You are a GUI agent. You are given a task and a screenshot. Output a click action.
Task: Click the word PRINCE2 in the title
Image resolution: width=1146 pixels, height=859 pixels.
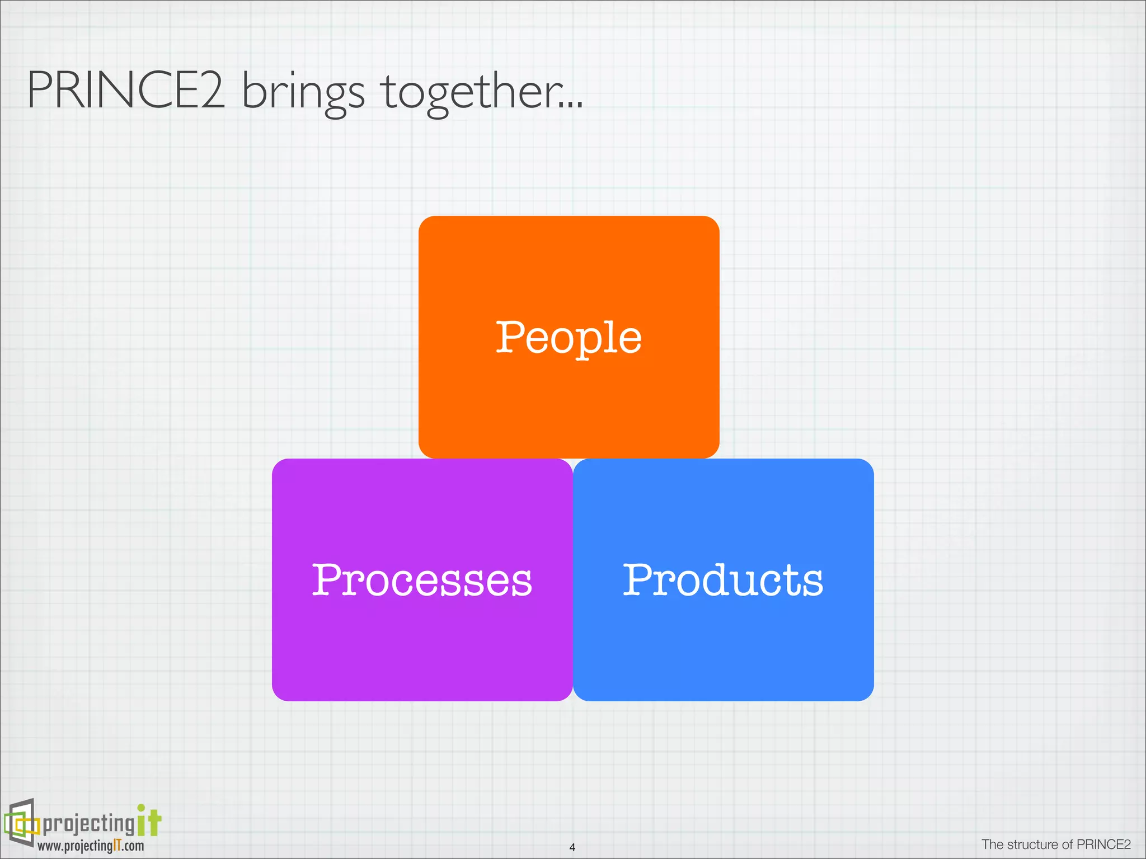126,91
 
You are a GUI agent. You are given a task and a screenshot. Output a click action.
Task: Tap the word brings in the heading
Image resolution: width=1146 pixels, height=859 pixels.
303,92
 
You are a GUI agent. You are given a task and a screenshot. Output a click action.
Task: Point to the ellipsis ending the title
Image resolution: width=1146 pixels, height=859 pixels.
571,104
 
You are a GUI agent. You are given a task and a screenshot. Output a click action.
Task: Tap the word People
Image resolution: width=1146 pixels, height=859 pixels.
569,338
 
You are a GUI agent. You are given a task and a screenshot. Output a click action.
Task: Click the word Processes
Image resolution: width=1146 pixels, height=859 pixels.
422,580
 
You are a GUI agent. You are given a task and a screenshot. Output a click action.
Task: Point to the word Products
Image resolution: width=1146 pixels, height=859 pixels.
723,580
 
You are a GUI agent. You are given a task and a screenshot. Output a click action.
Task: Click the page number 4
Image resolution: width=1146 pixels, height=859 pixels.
572,847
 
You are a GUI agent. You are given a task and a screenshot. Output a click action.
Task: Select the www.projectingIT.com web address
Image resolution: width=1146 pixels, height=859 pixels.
91,846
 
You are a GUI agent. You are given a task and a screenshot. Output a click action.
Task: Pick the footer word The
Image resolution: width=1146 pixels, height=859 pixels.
993,844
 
